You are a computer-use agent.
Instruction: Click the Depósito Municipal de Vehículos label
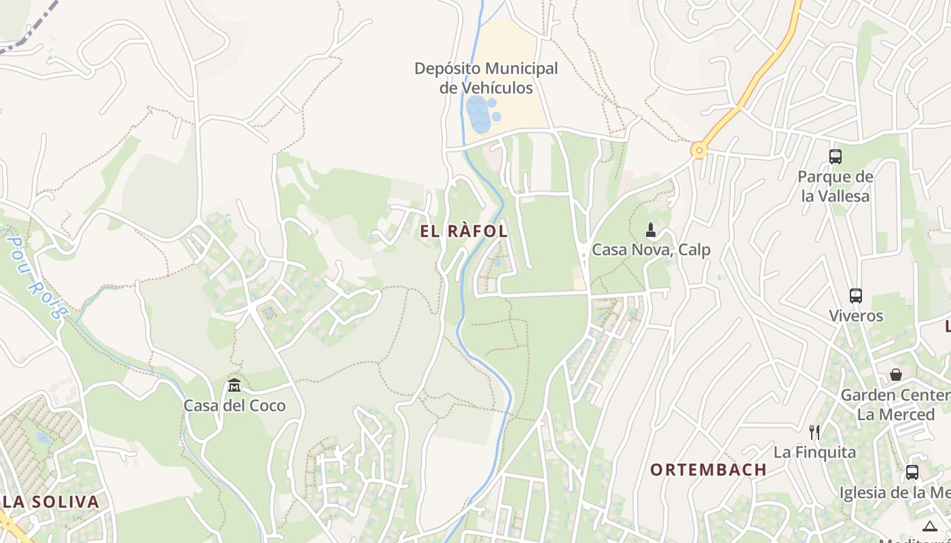pyautogui.click(x=486, y=78)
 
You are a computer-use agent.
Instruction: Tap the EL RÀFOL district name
pyautogui.click(x=464, y=231)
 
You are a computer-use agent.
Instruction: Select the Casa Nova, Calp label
pyautogui.click(x=651, y=250)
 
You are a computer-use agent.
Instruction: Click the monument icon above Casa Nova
pyautogui.click(x=651, y=230)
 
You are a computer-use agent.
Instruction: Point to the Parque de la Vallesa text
pyautogui.click(x=836, y=187)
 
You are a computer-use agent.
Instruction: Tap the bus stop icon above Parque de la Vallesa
pyautogui.click(x=836, y=157)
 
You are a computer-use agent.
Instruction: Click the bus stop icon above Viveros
pyautogui.click(x=856, y=296)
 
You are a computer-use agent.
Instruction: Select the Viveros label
pyautogui.click(x=856, y=316)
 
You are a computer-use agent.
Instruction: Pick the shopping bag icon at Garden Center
pyautogui.click(x=896, y=375)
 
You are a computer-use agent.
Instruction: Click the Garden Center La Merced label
pyautogui.click(x=895, y=405)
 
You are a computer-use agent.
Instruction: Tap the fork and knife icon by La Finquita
pyautogui.click(x=814, y=432)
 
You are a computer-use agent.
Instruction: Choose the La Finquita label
pyautogui.click(x=814, y=451)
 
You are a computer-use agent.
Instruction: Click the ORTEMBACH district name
pyautogui.click(x=708, y=470)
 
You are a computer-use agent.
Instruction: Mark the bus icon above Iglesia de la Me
pyautogui.click(x=912, y=472)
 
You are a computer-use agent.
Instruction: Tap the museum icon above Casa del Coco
pyautogui.click(x=234, y=385)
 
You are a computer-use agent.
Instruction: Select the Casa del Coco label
pyautogui.click(x=234, y=406)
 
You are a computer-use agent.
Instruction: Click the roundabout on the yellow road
pyautogui.click(x=698, y=150)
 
